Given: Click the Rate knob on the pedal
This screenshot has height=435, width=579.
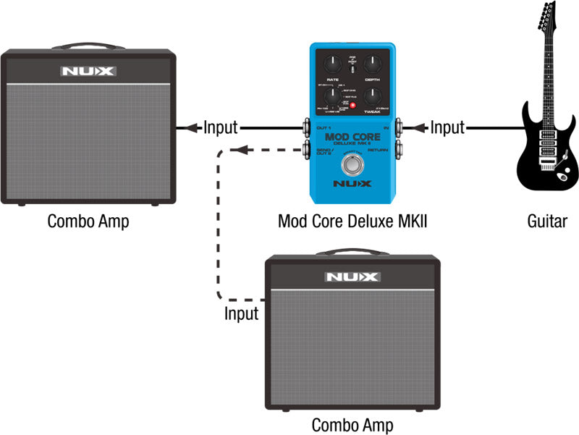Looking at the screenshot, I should (333, 64).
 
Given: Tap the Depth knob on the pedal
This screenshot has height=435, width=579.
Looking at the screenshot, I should (373, 64).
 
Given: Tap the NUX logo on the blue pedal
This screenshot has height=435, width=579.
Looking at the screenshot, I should (352, 185).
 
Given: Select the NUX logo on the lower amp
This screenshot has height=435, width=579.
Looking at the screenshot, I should (352, 276).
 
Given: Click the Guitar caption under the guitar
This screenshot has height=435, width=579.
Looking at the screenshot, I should (547, 221).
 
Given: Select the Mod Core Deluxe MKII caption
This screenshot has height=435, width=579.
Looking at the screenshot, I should (352, 221).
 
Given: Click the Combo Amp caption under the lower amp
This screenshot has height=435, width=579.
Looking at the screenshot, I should (352, 424).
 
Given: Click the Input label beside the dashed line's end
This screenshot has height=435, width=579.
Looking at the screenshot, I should (241, 314).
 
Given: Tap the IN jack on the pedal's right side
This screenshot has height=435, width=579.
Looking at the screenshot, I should (400, 128).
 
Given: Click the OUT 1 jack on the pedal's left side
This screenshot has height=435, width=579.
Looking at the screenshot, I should (305, 129).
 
